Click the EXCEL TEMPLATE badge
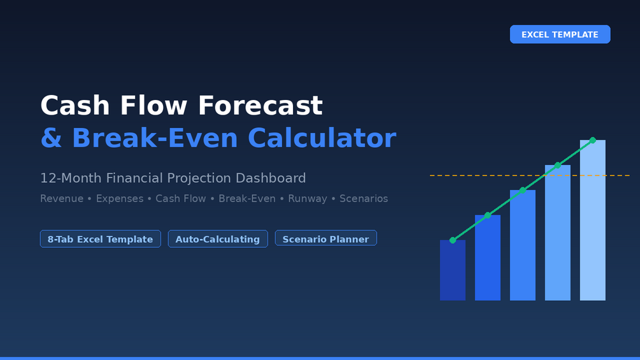click(560, 34)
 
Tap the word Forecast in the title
click(260, 106)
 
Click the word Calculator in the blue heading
click(322, 138)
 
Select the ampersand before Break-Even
click(52, 138)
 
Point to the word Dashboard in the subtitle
click(271, 178)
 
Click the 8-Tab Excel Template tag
click(101, 239)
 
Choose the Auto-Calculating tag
click(218, 239)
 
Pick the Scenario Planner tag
click(325, 238)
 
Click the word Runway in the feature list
click(308, 199)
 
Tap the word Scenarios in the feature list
click(364, 199)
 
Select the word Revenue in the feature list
click(62, 199)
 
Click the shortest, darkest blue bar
click(453, 270)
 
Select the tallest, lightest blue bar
click(593, 220)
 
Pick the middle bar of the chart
click(522, 245)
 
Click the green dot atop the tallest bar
click(593, 140)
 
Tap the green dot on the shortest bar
click(453, 240)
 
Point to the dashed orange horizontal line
click(530, 175)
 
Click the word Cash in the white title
click(75, 106)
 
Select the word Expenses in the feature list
click(120, 199)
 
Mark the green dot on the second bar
click(488, 215)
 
